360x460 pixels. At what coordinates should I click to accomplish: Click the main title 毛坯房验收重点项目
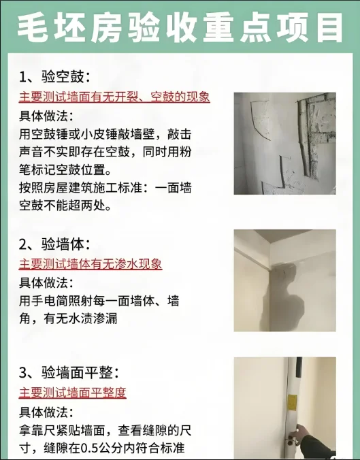coord(180,27)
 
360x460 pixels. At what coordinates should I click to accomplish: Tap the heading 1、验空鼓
coord(55,77)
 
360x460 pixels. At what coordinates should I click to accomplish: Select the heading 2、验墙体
coord(55,244)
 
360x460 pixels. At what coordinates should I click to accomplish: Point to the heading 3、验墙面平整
coord(69,373)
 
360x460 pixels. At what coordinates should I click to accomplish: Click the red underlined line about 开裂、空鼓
coord(114,97)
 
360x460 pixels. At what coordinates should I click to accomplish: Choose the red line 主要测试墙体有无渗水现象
coord(91,264)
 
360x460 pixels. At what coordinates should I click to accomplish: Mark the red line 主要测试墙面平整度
coord(72,393)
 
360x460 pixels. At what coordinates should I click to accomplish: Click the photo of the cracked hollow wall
coord(285,143)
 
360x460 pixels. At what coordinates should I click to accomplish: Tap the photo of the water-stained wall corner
coord(285,280)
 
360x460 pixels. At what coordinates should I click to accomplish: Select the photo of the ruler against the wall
coord(285,408)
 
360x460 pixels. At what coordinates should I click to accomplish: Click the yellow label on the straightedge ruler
coord(292,403)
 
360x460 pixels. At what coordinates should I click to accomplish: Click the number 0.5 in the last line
coord(90,448)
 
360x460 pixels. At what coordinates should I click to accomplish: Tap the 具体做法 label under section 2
coord(46,283)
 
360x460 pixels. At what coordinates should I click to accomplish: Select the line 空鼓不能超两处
coord(65,206)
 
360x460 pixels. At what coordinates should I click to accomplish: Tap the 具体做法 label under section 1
coord(46,116)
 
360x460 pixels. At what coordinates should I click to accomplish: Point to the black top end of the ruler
coord(299,367)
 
